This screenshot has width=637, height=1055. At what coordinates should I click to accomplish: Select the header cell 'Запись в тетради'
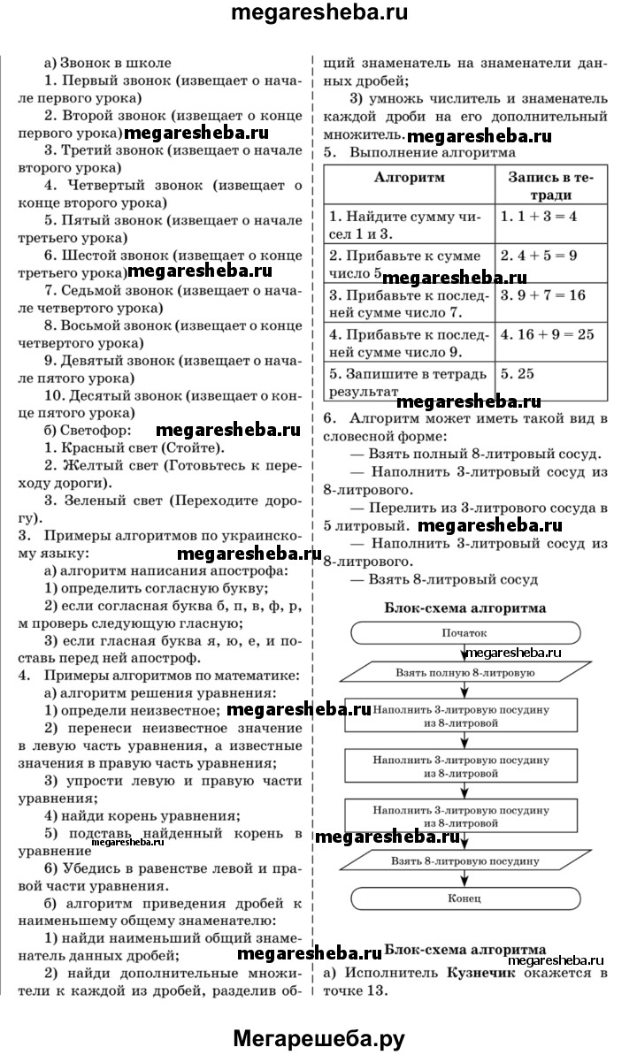551,186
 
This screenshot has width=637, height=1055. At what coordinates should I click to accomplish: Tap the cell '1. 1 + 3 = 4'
539,215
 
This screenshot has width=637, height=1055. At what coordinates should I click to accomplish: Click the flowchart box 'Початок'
464,633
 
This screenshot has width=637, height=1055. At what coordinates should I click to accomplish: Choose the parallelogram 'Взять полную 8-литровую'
464,673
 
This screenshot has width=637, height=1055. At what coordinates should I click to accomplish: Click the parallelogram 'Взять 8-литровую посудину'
464,860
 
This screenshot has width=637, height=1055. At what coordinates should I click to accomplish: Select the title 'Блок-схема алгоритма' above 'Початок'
464,608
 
